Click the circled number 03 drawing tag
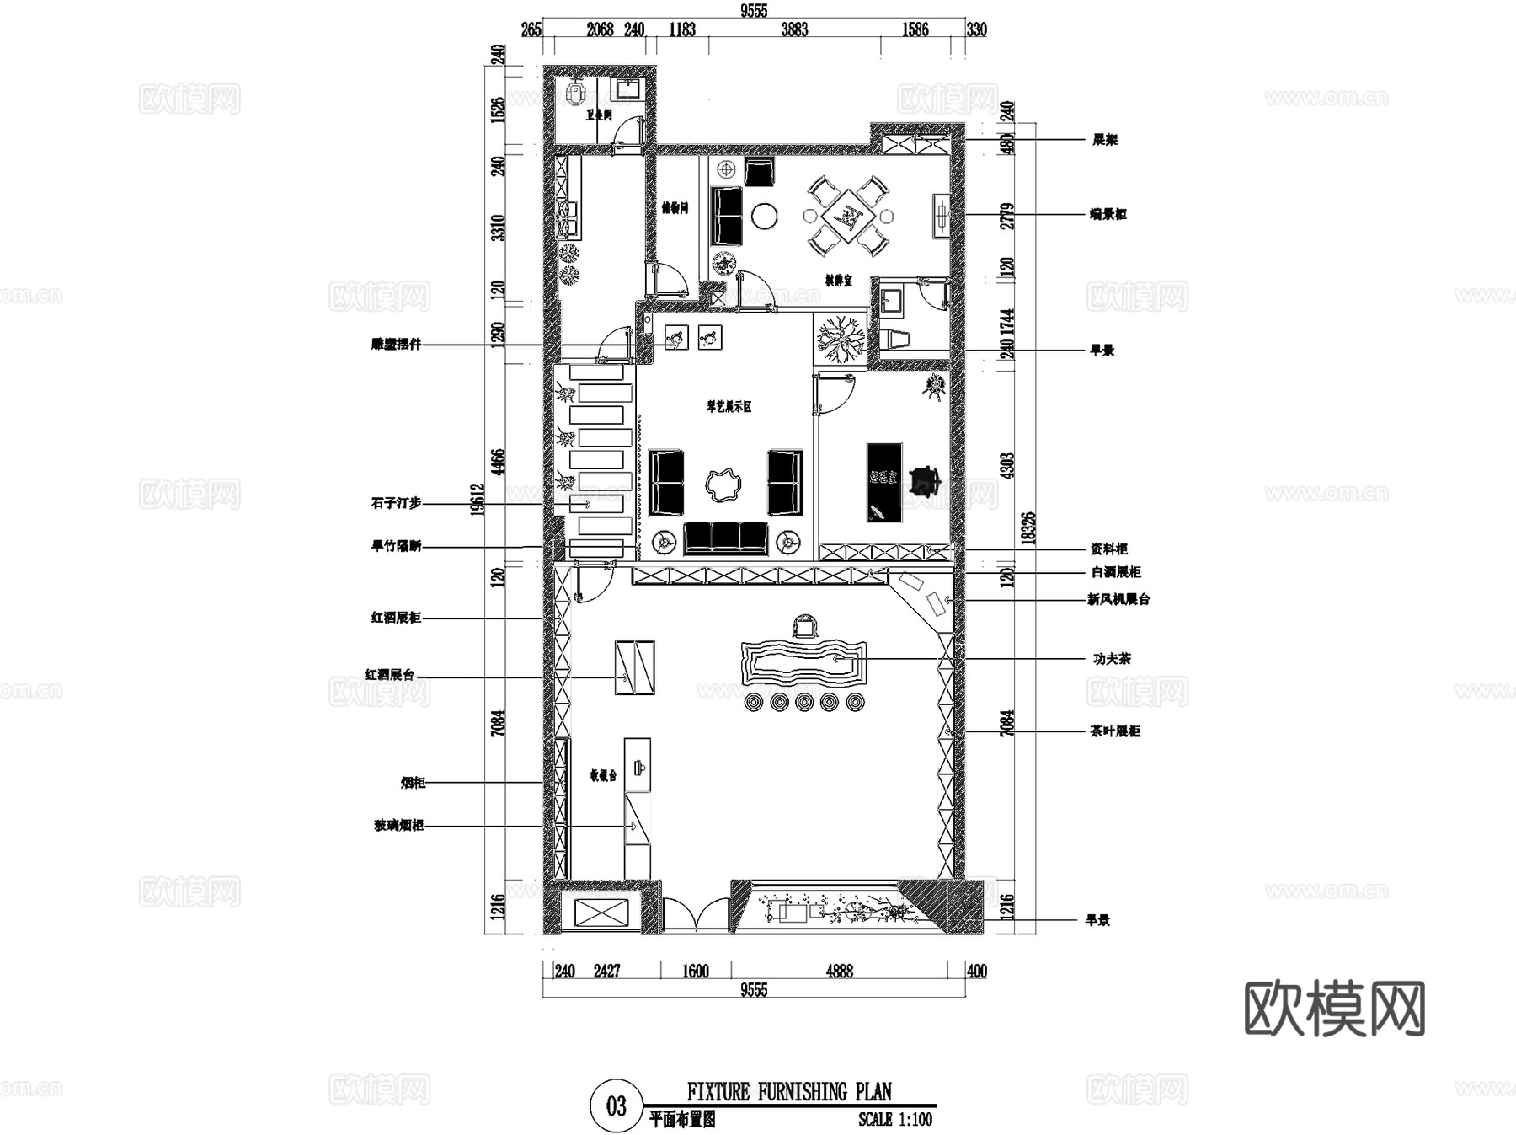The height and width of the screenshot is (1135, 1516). tap(616, 1106)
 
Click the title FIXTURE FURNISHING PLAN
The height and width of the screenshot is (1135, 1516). tap(789, 1093)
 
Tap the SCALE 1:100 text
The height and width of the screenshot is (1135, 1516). tap(895, 1120)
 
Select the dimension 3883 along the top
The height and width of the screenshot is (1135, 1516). tap(794, 30)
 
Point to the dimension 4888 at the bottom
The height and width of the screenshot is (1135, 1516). tap(839, 972)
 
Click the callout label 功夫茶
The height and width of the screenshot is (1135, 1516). tap(1112, 659)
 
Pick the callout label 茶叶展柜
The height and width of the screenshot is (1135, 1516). tap(1115, 731)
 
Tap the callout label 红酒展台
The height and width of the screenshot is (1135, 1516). tap(389, 675)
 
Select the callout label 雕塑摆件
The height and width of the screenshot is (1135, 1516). tap(395, 345)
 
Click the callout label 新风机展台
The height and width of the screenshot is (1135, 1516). tap(1118, 600)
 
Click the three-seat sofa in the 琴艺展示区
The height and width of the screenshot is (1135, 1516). tap(725, 538)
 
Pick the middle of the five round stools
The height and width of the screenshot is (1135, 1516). tap(804, 702)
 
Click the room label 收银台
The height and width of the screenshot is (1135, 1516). tap(603, 775)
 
